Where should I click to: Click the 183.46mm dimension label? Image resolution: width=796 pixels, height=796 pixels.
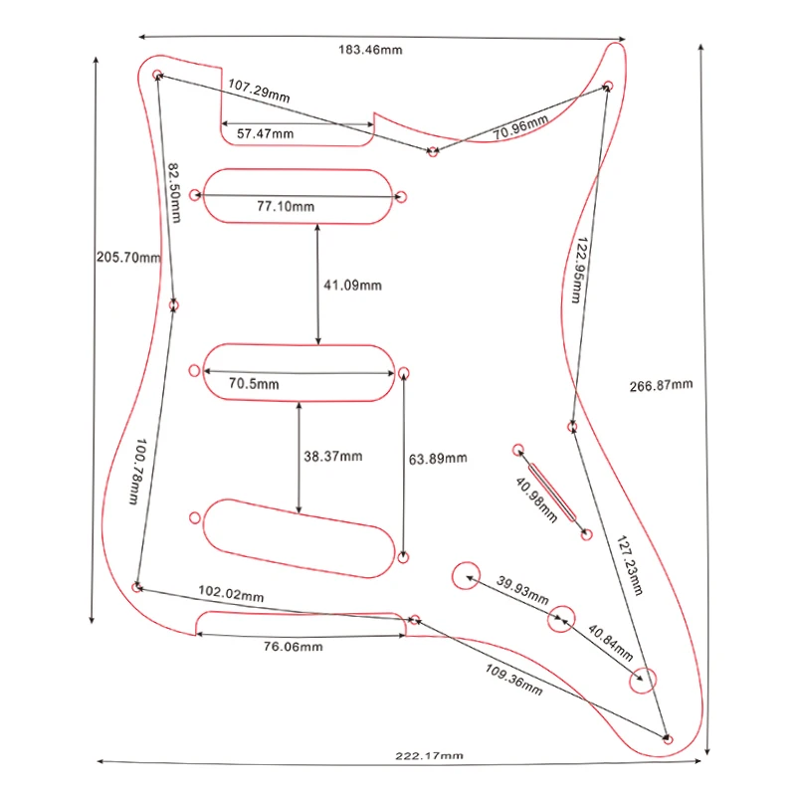(371, 50)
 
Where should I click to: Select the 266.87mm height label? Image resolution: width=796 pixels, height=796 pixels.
(661, 385)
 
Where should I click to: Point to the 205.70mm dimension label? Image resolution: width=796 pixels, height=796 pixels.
(127, 257)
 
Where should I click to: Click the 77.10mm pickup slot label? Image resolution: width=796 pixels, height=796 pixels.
(286, 207)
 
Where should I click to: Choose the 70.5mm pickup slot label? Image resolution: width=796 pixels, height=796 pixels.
(254, 383)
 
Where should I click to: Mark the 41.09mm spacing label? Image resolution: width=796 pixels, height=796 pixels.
(352, 286)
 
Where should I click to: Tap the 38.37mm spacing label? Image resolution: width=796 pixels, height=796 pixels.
(332, 457)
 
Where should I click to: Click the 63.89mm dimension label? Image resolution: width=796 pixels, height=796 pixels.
(438, 459)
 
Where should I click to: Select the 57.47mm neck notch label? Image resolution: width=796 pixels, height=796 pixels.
(265, 133)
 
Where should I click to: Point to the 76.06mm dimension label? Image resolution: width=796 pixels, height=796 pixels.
(293, 647)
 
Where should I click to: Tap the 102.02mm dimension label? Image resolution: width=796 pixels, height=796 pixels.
(231, 593)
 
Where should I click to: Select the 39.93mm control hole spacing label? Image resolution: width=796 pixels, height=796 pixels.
(522, 591)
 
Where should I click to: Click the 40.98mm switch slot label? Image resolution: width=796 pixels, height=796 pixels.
(536, 495)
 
